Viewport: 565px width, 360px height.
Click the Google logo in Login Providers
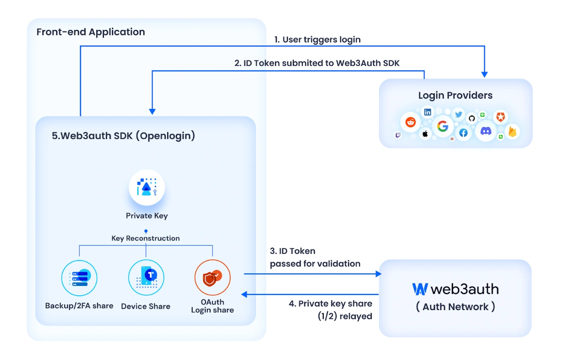click(x=442, y=126)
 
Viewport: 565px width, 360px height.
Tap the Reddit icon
click(x=410, y=122)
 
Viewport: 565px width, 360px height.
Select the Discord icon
click(x=486, y=131)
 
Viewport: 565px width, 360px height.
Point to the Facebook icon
click(x=463, y=133)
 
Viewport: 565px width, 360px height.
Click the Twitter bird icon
click(x=458, y=114)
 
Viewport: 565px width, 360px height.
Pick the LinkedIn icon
click(x=428, y=112)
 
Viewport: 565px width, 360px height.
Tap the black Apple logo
click(x=425, y=133)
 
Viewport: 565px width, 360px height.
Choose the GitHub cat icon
click(x=472, y=118)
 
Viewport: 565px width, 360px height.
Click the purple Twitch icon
click(x=398, y=135)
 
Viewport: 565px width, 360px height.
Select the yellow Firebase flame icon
click(x=512, y=132)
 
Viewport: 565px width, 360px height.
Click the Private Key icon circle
click(x=147, y=188)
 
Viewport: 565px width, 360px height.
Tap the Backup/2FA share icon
click(x=79, y=277)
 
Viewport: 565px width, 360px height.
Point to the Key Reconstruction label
click(x=145, y=238)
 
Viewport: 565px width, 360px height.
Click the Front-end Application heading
click(x=91, y=32)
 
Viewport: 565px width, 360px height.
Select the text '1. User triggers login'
click(x=317, y=39)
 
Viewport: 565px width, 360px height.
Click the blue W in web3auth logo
click(x=420, y=289)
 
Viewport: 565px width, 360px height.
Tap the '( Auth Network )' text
click(x=455, y=307)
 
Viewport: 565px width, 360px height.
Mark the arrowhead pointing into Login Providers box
click(x=485, y=74)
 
